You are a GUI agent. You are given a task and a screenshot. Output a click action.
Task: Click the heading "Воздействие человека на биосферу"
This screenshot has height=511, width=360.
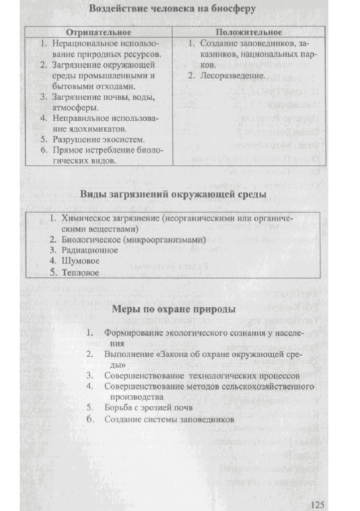click(x=173, y=9)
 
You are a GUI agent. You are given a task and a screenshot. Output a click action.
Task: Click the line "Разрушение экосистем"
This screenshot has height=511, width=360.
click(x=99, y=139)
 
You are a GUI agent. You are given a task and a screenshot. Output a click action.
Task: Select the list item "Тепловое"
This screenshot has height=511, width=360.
click(x=80, y=273)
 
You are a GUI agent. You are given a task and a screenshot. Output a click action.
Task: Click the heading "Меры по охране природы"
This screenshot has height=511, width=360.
click(x=173, y=310)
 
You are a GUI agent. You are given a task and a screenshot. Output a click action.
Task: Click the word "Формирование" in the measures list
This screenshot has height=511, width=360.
click(x=129, y=333)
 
